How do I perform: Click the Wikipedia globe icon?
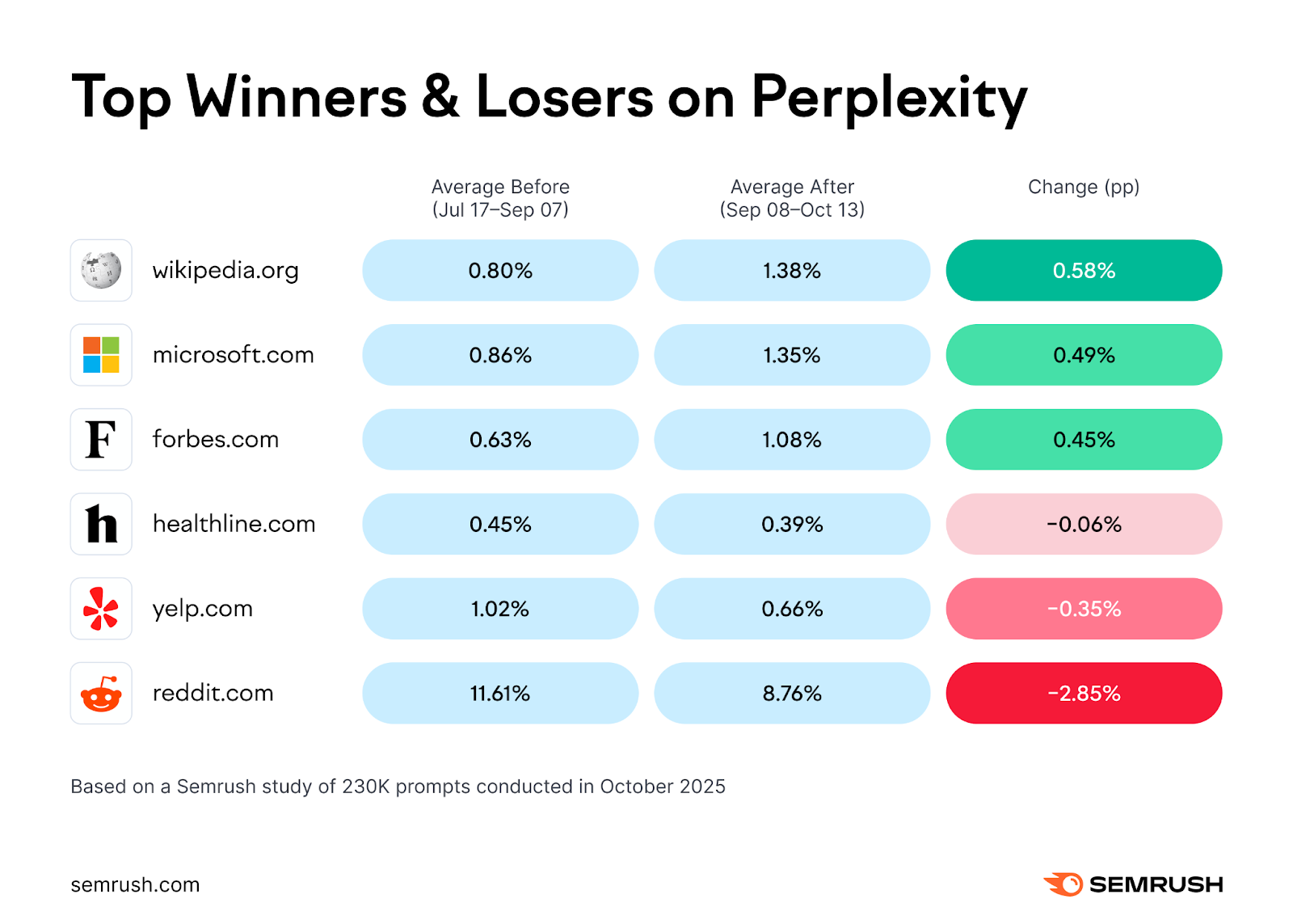click(x=101, y=270)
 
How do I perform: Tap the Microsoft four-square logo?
click(x=101, y=355)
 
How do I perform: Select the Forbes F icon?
click(x=101, y=440)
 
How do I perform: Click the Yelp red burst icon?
click(x=101, y=609)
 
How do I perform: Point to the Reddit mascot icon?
click(x=101, y=694)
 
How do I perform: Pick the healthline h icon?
click(x=101, y=524)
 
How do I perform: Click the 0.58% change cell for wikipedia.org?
click(x=1084, y=270)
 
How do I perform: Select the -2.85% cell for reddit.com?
click(x=1084, y=694)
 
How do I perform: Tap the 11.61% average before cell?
click(x=500, y=694)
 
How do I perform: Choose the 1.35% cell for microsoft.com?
click(x=792, y=355)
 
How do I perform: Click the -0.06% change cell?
click(x=1084, y=524)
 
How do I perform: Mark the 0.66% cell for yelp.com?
click(x=792, y=609)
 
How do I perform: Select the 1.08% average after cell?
click(x=792, y=440)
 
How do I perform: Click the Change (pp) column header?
click(x=1084, y=187)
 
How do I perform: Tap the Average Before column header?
click(x=500, y=198)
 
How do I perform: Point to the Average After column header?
click(x=792, y=198)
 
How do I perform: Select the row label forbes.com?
click(x=216, y=439)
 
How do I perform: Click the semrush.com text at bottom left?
click(x=135, y=884)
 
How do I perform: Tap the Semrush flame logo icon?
click(x=1063, y=884)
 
